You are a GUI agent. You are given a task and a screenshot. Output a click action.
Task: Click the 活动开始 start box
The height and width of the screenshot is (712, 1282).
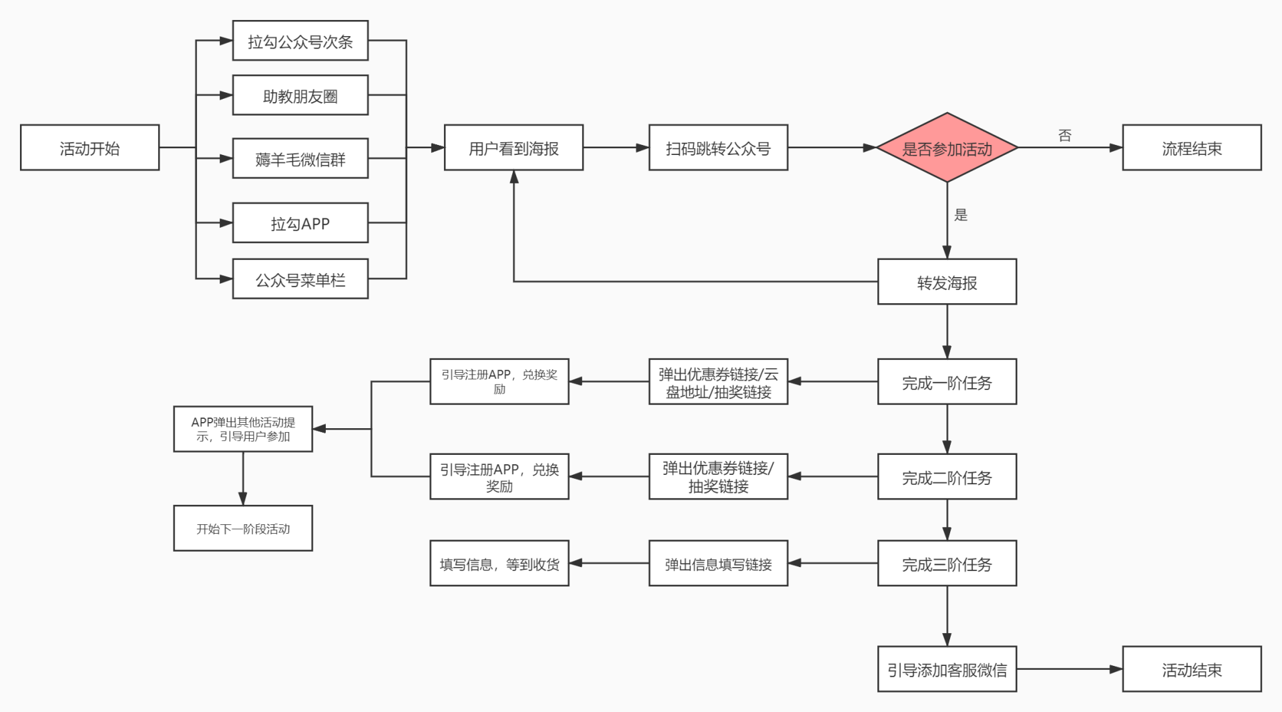click(89, 148)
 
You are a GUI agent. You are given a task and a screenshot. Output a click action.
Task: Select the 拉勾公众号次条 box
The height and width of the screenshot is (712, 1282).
click(300, 41)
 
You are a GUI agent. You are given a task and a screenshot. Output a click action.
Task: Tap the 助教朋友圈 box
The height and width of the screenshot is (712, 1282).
click(300, 96)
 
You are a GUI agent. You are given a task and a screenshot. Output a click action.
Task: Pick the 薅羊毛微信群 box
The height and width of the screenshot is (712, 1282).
click(300, 158)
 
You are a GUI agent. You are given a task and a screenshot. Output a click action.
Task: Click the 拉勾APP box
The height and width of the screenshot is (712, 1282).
click(300, 223)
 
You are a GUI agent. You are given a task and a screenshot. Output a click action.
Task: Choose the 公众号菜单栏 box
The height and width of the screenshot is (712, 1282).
click(300, 279)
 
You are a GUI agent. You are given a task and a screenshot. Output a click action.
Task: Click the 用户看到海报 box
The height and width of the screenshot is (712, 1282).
click(513, 148)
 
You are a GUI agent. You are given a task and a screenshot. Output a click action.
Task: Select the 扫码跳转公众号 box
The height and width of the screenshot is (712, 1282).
click(718, 148)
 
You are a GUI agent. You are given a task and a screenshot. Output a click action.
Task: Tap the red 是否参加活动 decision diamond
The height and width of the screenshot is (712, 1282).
click(947, 148)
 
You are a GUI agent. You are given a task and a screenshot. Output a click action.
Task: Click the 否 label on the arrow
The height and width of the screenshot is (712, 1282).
click(1065, 136)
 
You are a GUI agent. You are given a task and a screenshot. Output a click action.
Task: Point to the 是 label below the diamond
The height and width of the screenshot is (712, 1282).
click(961, 214)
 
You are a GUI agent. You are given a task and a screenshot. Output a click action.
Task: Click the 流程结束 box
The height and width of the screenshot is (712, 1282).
click(1192, 148)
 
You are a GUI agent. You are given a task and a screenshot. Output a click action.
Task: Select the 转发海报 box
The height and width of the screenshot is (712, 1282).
click(947, 282)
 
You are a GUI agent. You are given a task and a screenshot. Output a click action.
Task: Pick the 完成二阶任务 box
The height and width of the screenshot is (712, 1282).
click(947, 477)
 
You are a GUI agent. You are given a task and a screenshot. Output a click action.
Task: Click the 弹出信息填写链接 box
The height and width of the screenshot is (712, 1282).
click(718, 564)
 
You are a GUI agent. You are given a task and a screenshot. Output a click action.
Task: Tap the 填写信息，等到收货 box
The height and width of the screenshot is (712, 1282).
click(499, 564)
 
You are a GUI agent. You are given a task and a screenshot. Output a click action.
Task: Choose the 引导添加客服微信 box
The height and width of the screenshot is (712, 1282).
click(947, 669)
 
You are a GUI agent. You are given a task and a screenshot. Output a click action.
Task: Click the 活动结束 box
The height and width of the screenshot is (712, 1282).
click(1192, 669)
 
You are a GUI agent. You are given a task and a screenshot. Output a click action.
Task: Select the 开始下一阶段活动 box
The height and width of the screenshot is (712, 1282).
click(243, 528)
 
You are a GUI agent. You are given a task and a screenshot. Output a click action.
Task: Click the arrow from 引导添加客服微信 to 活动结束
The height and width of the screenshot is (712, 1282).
click(1068, 669)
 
